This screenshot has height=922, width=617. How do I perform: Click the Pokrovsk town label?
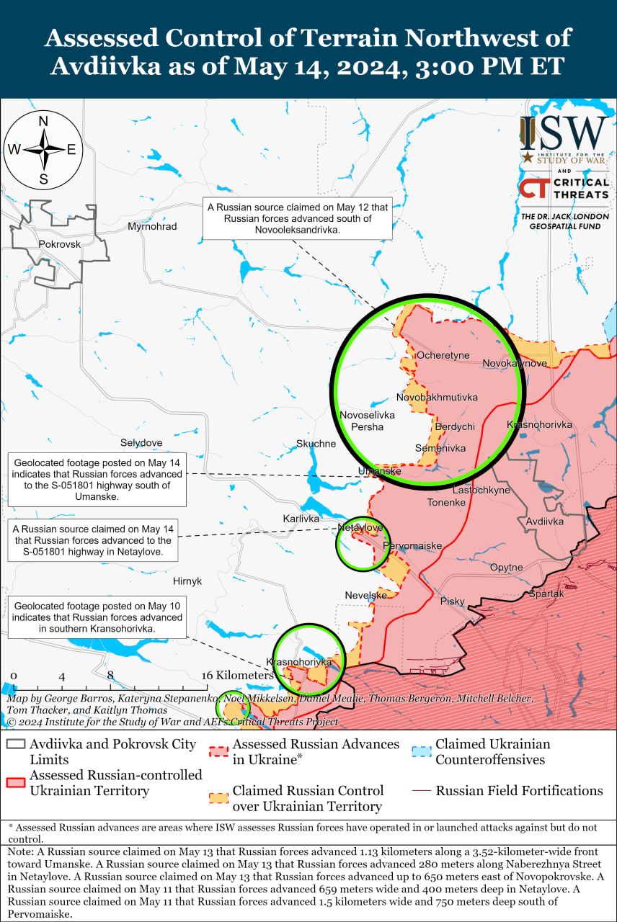(x=60, y=244)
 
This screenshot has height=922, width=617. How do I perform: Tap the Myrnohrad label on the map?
(x=152, y=226)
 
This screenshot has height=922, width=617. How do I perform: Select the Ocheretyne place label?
(x=443, y=355)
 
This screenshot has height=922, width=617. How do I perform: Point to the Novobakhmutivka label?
(x=437, y=397)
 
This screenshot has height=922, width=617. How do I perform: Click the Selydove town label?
(x=141, y=442)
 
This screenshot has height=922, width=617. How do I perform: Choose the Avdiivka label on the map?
(x=545, y=521)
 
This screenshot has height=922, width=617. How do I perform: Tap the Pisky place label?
(x=453, y=601)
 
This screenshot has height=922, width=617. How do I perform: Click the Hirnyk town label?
(x=187, y=581)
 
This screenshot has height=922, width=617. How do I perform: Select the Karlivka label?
(x=301, y=519)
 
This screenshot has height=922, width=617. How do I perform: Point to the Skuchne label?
(x=316, y=444)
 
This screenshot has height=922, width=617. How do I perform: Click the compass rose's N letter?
(x=43, y=121)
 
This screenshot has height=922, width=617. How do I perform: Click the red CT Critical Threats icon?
(x=533, y=188)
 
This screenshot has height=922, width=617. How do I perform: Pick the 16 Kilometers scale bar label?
(x=237, y=676)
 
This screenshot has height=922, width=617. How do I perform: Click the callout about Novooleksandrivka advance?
(x=297, y=218)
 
